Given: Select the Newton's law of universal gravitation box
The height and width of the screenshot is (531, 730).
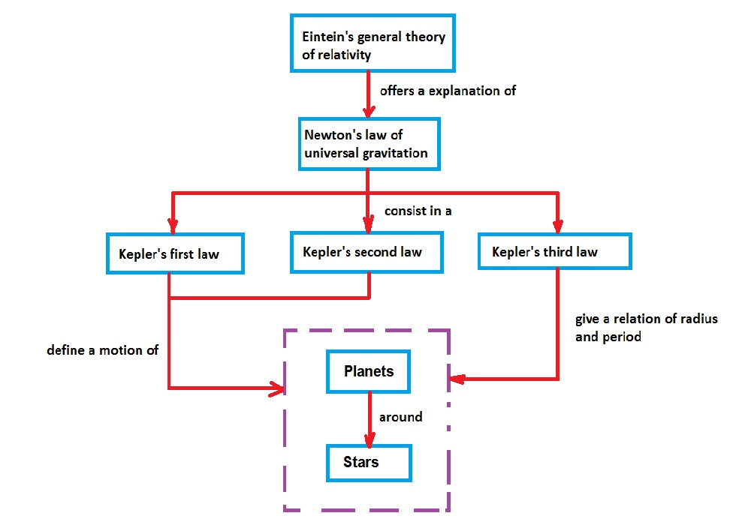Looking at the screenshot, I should [368, 143].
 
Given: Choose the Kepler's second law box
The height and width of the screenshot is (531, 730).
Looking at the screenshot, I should [367, 251].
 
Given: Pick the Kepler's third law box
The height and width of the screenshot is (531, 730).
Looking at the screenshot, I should [555, 251].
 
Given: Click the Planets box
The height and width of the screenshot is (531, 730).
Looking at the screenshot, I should [368, 371].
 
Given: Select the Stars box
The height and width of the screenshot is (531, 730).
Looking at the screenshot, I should [369, 462].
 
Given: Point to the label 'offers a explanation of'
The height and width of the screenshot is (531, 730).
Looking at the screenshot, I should [448, 91].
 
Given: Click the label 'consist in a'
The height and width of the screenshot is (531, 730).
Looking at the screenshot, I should [418, 211].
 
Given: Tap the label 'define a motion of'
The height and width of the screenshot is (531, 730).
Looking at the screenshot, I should [102, 349].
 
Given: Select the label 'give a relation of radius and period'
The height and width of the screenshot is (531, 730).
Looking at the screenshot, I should [646, 328].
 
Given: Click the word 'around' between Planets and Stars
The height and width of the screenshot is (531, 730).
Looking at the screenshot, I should [400, 416].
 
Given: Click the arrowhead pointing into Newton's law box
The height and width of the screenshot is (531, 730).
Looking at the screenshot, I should [368, 111].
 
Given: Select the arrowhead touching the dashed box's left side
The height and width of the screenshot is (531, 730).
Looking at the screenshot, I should [277, 388].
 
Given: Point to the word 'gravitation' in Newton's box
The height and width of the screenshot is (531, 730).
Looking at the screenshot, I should [395, 153].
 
